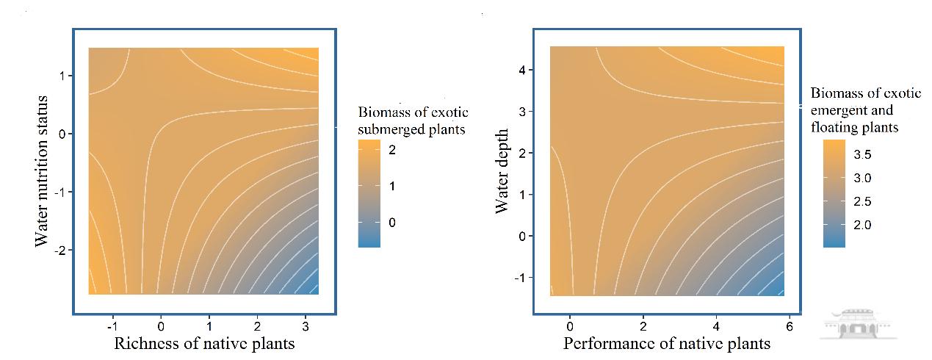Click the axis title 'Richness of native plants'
coord(203,344)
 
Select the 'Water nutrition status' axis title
coord(43,170)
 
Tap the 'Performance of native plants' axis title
coord(667,344)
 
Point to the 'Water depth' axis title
coord(502,172)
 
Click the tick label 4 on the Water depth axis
coord(520,70)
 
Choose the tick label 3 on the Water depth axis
coord(520,112)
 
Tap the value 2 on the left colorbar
coord(391,150)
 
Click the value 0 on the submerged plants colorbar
coord(391,223)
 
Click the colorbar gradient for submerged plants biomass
coord(369,193)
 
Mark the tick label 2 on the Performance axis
coord(643,325)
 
